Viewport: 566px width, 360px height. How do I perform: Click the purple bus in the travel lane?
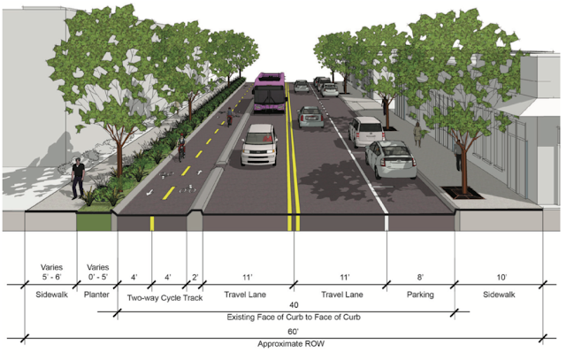pyautogui.click(x=270, y=93)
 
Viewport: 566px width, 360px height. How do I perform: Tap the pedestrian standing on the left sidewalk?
pyautogui.click(x=78, y=178)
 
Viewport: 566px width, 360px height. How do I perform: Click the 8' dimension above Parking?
pyautogui.click(x=421, y=276)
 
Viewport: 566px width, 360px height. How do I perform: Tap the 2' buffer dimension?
pyautogui.click(x=195, y=276)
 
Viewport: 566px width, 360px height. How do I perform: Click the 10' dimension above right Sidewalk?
pyautogui.click(x=502, y=276)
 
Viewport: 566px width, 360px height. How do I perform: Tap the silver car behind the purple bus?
pyautogui.click(x=310, y=117)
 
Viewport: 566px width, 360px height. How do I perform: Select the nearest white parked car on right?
pyautogui.click(x=390, y=159)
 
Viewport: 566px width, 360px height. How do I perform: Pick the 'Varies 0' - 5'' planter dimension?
pyautogui.click(x=97, y=271)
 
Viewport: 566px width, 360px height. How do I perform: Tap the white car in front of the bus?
pyautogui.click(x=260, y=144)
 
